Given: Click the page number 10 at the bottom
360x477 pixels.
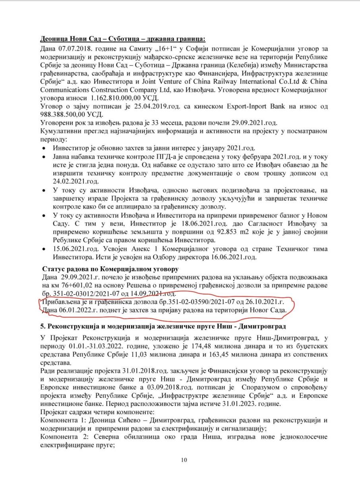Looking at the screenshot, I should tap(184, 460).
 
